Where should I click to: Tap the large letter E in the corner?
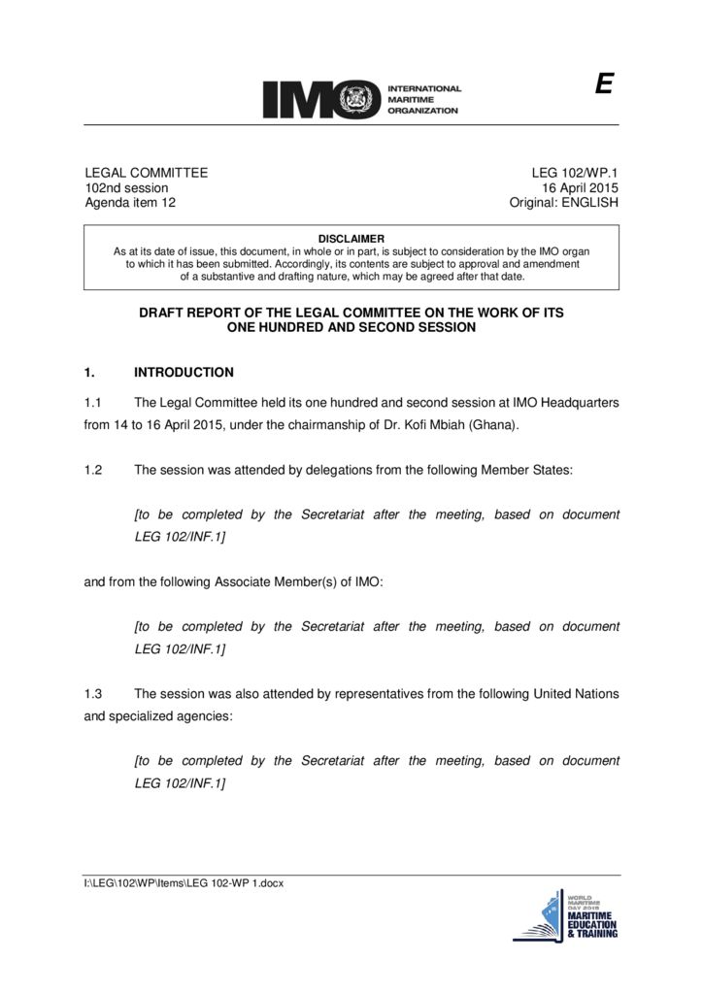(x=604, y=86)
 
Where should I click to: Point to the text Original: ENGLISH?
(x=564, y=203)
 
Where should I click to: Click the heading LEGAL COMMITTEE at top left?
(x=147, y=173)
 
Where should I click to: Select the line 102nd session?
(x=127, y=187)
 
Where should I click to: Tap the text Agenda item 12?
(x=131, y=203)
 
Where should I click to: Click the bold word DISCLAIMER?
(x=351, y=239)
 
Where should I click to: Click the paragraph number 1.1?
(x=93, y=403)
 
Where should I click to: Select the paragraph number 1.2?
(x=93, y=470)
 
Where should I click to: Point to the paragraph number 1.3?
(x=93, y=694)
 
